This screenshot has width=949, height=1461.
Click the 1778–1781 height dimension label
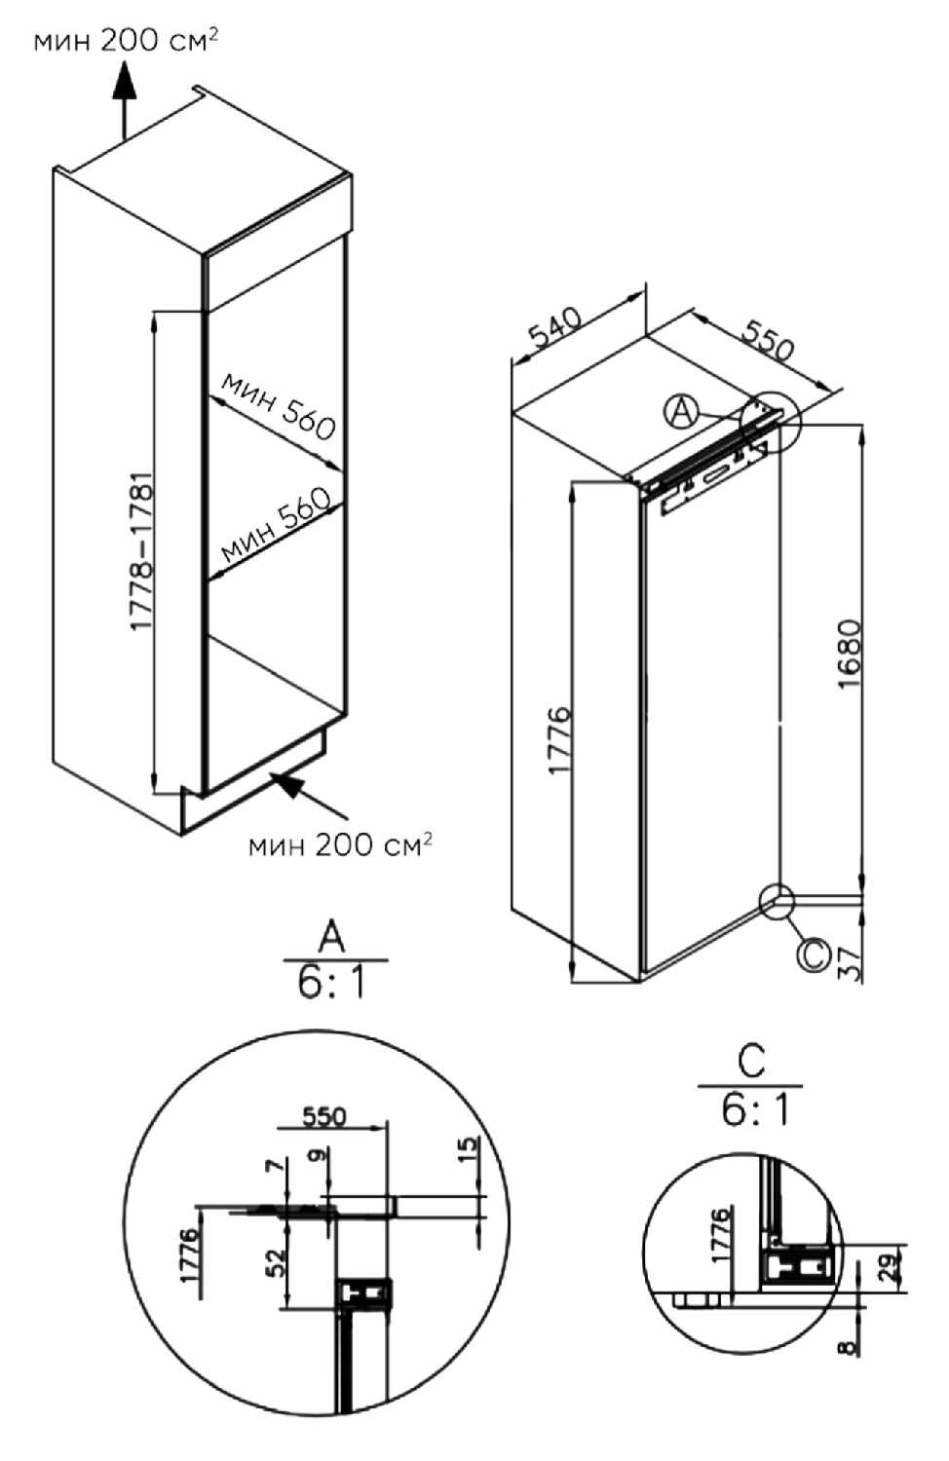click(142, 552)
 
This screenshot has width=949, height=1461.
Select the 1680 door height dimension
click(850, 654)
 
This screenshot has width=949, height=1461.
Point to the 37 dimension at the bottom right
click(850, 962)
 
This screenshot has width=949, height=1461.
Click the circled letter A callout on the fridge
click(681, 412)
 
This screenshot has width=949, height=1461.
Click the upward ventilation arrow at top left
click(124, 99)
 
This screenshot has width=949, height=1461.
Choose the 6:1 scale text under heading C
click(755, 1127)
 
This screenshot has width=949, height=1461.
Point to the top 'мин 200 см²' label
click(126, 41)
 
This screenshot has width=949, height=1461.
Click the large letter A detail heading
click(332, 940)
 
